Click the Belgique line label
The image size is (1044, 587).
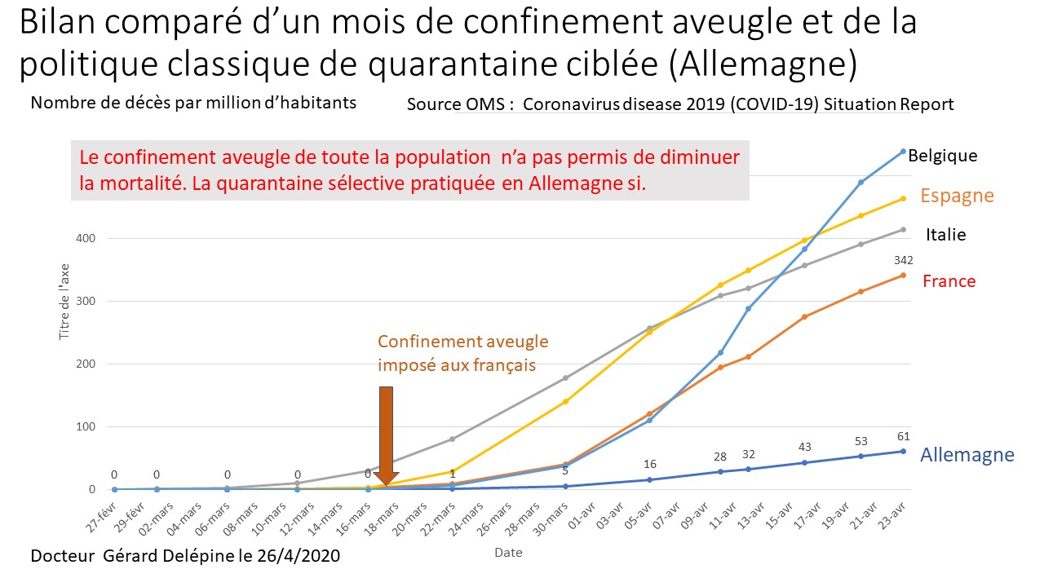[x=942, y=155]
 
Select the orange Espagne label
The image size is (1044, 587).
[x=957, y=196]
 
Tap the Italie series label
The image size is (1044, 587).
[x=945, y=235]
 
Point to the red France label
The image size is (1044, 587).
[x=949, y=281]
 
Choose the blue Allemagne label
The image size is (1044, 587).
[x=967, y=455]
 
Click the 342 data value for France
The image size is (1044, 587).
[x=903, y=260]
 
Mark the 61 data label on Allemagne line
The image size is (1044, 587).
[x=903, y=436]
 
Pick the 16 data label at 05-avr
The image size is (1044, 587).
[x=649, y=465]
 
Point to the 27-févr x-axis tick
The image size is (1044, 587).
[x=104, y=516]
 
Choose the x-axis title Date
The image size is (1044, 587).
[x=508, y=553]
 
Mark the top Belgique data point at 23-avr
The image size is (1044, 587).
[x=903, y=151]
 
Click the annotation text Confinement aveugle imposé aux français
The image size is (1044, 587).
[x=462, y=353]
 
